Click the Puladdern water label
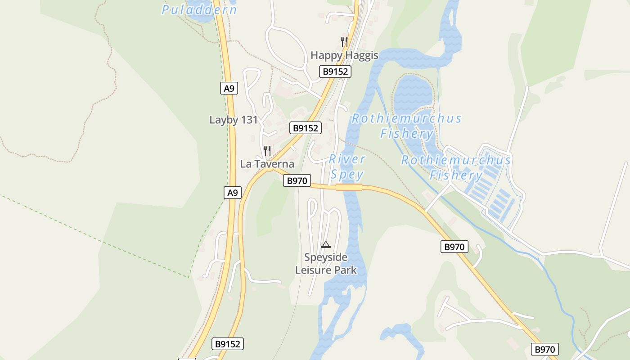tap(199, 9)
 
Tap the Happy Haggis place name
tap(344, 55)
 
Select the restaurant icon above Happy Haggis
tap(344, 42)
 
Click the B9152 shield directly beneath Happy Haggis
tap(335, 71)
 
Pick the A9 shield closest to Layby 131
tap(229, 88)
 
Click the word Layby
tap(223, 120)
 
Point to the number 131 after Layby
tap(248, 120)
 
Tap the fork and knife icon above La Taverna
tap(267, 150)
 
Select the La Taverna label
tap(267, 164)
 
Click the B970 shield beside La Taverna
tap(297, 181)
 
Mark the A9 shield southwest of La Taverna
tap(232, 193)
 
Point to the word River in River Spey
tap(347, 159)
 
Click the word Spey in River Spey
tap(347, 174)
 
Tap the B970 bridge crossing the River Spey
tap(349, 187)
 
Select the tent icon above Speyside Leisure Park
tap(326, 244)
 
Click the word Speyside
tap(326, 257)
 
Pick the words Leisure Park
tap(326, 270)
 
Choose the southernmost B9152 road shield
tap(228, 344)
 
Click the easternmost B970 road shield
tap(545, 349)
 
